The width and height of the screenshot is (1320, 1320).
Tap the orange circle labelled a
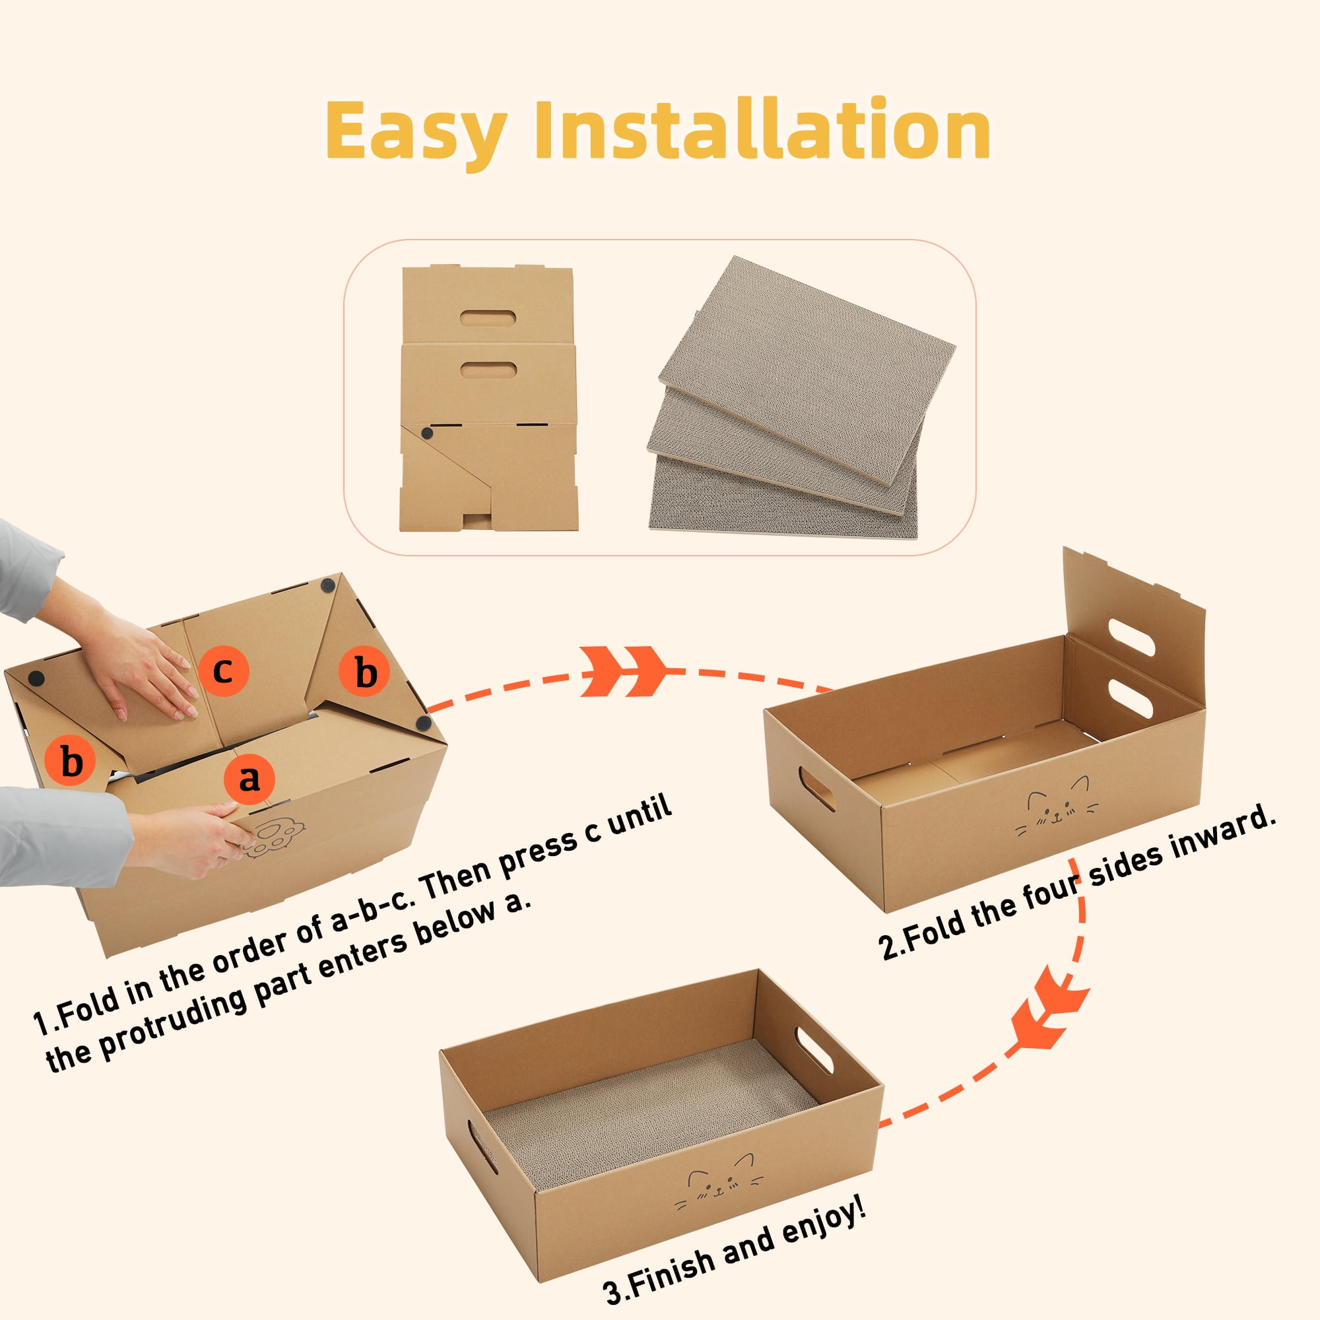[x=249, y=779]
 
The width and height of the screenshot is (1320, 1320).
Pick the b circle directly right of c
[x=365, y=671]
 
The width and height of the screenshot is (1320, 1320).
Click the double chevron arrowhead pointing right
[x=624, y=671]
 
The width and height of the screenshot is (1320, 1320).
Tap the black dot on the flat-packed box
[x=427, y=433]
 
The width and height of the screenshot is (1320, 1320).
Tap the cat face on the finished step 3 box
[x=718, y=1186]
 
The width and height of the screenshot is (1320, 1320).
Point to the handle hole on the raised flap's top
[x=1132, y=636]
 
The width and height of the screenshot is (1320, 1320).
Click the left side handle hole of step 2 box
[x=817, y=789]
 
